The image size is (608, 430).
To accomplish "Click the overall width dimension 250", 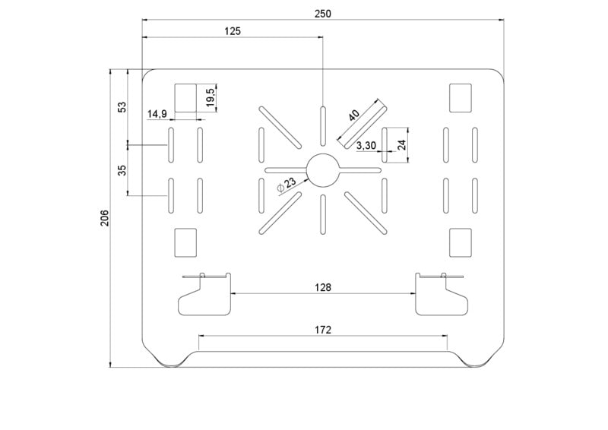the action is tap(322, 14).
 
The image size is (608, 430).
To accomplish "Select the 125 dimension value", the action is tap(233, 31).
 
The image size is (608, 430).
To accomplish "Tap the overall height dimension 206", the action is tap(105, 218).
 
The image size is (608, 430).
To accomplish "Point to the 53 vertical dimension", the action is tap(122, 107).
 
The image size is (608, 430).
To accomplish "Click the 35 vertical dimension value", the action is tap(122, 170).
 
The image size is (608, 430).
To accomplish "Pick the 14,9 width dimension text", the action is tap(157, 114).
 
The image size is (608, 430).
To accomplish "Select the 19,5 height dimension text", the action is tap(211, 97).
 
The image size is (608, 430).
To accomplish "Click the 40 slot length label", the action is tap(353, 115).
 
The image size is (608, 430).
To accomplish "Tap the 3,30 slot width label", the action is tap(366, 145).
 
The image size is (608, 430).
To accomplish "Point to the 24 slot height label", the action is tap(402, 145).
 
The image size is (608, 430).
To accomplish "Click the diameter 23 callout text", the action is tap(287, 184).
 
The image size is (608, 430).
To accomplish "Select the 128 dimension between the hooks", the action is tap(323, 287).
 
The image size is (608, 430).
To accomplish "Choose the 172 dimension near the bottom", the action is tap(323, 330).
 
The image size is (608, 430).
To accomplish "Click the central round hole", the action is tap(323, 171).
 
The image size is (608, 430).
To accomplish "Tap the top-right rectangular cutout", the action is tap(461, 98).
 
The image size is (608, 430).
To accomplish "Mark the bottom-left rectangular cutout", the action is tap(185, 242).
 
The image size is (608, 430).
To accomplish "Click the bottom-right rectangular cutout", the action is tap(461, 242).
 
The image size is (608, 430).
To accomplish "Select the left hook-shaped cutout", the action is tap(205, 294).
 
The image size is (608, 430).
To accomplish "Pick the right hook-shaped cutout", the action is tap(442, 294).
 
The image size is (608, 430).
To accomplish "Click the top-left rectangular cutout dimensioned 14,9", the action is tap(185, 98).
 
